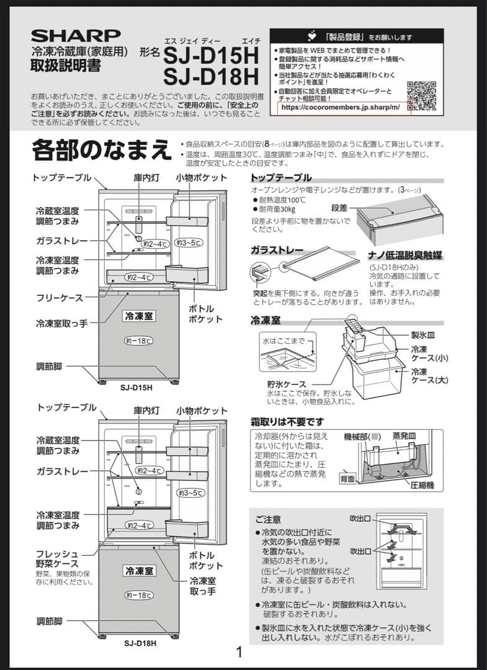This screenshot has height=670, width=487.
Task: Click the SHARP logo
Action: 76,36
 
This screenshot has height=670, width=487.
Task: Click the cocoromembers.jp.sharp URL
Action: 344,107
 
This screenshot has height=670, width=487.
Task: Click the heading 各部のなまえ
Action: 101,151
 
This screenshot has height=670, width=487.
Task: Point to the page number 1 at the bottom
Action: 239,652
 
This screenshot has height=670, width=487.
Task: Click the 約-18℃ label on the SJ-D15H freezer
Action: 138,341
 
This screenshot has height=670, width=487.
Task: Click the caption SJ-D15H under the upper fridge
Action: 136,388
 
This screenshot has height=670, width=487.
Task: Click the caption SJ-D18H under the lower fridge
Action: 140,643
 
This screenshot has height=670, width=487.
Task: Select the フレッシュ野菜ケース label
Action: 57,558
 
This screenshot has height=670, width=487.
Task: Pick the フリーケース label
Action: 59,298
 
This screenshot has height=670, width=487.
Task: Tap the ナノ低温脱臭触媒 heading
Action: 409,256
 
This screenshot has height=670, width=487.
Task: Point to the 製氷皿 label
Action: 423,333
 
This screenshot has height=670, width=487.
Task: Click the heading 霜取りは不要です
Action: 287,422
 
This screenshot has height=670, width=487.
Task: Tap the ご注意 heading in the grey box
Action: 268,519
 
